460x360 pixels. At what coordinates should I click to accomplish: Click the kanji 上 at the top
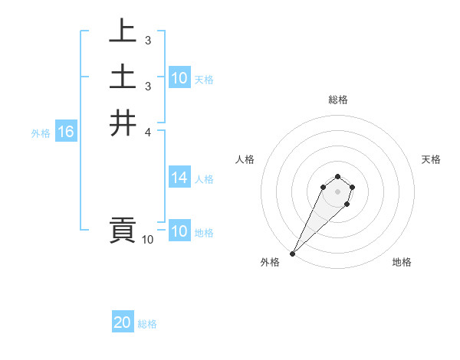[123, 31]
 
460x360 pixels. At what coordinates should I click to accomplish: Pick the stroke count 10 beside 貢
[147, 240]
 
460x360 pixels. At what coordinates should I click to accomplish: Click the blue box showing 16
[65, 132]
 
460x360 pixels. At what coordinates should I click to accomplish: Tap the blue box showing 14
[179, 178]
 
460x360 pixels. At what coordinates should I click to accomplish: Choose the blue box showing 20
[123, 322]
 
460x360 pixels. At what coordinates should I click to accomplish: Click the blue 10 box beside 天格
[179, 78]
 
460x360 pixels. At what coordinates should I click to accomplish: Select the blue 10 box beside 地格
[179, 231]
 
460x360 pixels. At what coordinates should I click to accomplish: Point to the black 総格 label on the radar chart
[337, 100]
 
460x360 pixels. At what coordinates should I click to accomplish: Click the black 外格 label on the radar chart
[270, 262]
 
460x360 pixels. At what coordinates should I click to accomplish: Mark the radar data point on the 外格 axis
[292, 254]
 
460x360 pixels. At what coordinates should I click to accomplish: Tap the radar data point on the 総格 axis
[337, 177]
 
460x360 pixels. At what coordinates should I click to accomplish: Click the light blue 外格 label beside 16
[41, 133]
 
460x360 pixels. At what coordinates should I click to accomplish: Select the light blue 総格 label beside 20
[147, 324]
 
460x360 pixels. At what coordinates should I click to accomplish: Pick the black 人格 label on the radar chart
[245, 159]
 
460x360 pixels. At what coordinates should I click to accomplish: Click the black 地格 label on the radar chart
[402, 262]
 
